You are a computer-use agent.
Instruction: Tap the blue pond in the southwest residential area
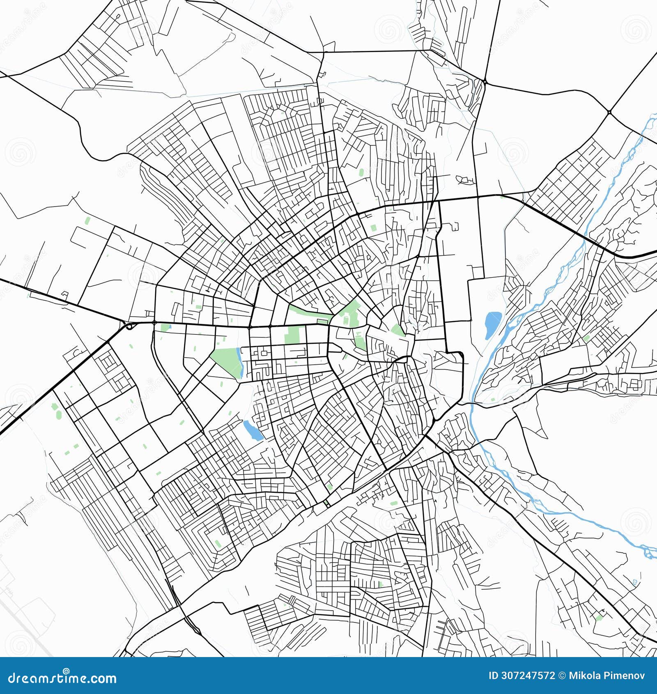253,430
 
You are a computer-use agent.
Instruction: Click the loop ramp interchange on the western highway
131,326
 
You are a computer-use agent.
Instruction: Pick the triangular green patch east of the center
397,330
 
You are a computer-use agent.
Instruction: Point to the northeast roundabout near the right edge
609,111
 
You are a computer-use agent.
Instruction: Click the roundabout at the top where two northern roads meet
485,82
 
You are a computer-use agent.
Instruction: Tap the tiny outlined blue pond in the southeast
635,582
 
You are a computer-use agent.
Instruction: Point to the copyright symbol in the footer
562,676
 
